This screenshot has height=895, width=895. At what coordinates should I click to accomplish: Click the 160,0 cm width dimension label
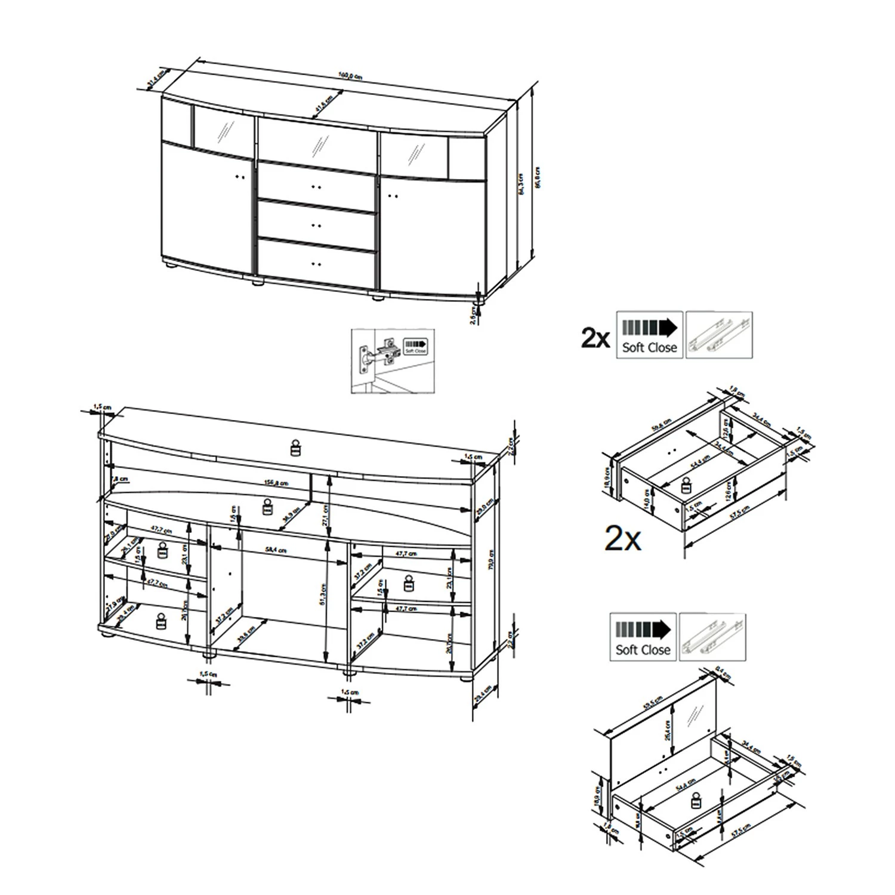(350, 76)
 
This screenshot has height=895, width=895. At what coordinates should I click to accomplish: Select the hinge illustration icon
(392, 360)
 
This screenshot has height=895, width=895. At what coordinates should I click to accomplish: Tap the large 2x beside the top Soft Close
(595, 338)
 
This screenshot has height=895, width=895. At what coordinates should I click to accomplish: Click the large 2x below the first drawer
(623, 539)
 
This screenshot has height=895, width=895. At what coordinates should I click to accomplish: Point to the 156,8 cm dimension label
(276, 483)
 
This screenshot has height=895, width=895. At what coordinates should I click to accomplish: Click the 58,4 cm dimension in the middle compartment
(276, 550)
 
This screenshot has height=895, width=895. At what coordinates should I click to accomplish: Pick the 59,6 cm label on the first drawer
(661, 424)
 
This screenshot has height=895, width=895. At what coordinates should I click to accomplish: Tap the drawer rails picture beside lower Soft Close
(712, 637)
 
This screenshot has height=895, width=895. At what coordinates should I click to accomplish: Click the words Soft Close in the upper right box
(649, 347)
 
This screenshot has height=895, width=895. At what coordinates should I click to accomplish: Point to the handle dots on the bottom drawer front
(316, 263)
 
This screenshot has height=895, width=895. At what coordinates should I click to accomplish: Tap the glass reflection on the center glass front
(321, 145)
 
